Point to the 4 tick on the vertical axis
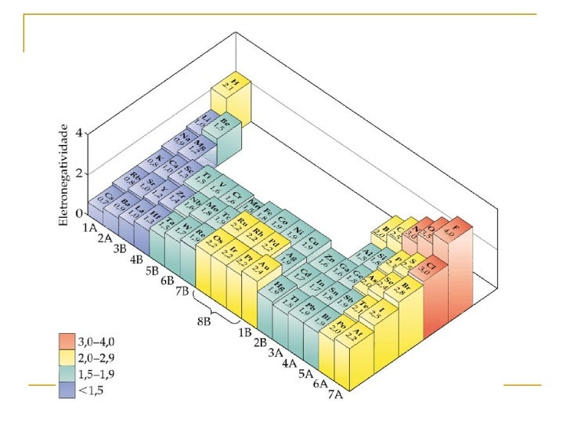click(x=78, y=133)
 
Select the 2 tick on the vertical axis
click(x=78, y=173)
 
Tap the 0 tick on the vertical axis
click(x=78, y=213)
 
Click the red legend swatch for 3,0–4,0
click(x=67, y=342)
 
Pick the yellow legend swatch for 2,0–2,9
click(x=67, y=357)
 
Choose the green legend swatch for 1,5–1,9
click(x=67, y=372)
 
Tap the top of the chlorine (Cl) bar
click(x=432, y=268)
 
